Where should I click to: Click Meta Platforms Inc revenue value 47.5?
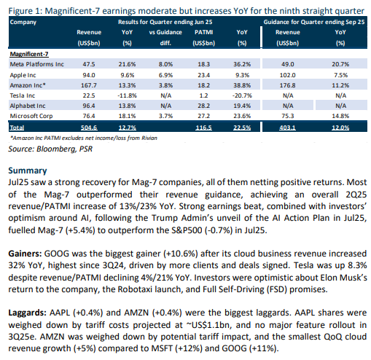(x=89, y=64)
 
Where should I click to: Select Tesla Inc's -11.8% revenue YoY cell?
(x=127, y=95)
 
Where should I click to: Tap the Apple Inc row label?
(x=23, y=75)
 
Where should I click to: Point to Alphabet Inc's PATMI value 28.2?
(x=203, y=106)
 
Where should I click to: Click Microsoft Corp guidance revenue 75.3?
(x=288, y=116)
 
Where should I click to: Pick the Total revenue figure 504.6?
(x=89, y=128)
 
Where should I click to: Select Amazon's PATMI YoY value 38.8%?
(x=242, y=85)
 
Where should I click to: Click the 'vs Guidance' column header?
(x=165, y=32)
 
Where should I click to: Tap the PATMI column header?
(x=203, y=32)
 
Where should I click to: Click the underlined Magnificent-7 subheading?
(x=29, y=54)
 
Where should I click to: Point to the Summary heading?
(x=28, y=171)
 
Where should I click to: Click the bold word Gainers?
(x=26, y=254)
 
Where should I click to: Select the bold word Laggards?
(x=27, y=313)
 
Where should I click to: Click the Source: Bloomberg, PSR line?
(x=50, y=149)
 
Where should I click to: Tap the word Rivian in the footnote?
(x=150, y=138)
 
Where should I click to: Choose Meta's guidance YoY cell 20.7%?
(x=340, y=64)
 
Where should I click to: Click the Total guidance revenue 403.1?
(x=288, y=128)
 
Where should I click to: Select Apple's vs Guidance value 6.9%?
(x=165, y=75)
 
